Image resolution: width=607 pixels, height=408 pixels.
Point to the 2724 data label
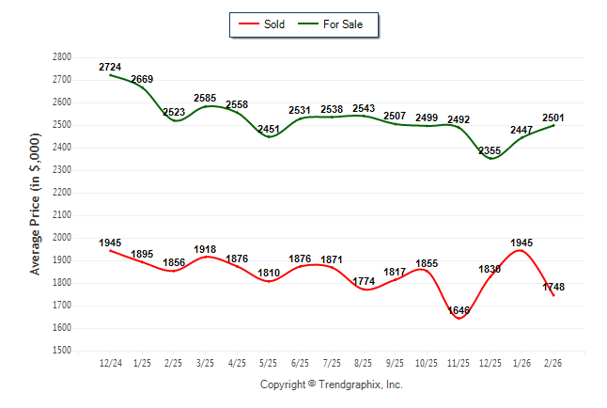110,67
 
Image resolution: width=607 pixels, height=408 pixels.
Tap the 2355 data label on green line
490,149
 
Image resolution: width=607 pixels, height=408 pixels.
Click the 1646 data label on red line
458,309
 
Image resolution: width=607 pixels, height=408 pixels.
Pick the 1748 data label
553,287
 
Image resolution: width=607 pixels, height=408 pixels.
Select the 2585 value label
205,98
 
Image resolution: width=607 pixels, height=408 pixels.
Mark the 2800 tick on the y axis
63,56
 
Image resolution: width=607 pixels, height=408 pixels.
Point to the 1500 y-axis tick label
63,351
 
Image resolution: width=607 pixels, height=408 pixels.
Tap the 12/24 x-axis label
110,363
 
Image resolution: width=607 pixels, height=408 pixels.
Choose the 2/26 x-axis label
553,363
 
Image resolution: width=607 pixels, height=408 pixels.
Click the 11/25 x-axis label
459,363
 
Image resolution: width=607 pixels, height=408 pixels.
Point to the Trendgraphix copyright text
331,384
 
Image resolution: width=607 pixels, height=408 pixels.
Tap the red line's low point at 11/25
459,319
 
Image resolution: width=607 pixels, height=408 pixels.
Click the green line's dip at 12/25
490,158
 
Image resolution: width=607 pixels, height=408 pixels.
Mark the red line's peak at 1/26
521,250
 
